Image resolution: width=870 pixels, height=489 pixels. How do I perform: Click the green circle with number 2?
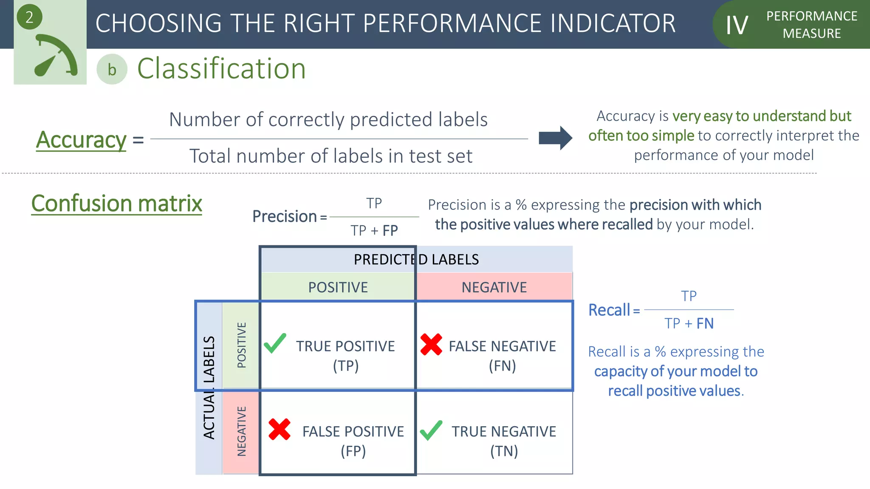pos(29,17)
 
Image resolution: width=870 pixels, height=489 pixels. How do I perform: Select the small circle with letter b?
pos(112,69)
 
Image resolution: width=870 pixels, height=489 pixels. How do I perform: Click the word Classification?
pos(221,69)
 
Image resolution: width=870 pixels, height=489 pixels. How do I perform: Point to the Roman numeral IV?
pos(737,25)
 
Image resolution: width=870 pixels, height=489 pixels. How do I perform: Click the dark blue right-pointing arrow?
pos(555,138)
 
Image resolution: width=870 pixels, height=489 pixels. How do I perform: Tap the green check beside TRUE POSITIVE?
pos(275,343)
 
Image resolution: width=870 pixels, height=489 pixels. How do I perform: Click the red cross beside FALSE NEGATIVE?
pos(431,344)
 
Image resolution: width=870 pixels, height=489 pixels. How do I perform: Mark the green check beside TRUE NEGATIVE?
pos(431,430)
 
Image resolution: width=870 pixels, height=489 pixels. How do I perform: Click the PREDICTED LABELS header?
pos(416,259)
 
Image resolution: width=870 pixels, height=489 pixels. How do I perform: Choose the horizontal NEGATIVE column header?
pos(494,287)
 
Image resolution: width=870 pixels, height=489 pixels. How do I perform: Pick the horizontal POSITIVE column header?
pos(338,287)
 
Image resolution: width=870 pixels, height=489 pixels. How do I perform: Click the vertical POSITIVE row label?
pos(241,345)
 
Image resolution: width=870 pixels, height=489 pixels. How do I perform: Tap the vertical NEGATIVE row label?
pos(241,431)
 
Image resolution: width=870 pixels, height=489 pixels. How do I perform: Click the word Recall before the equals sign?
pos(609,310)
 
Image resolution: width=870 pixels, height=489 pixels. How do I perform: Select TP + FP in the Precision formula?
pos(374,230)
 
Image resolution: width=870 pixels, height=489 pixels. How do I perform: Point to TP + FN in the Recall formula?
pos(689,323)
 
